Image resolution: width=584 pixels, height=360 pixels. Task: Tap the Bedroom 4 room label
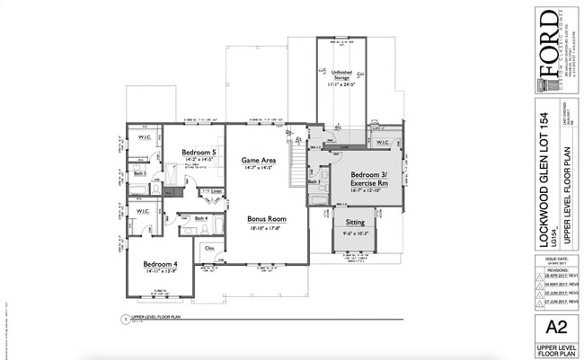point(160,264)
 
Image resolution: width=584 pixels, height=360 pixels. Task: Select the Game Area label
point(258,160)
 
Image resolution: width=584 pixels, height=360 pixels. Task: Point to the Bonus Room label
point(266,219)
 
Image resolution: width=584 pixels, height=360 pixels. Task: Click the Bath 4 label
point(199,218)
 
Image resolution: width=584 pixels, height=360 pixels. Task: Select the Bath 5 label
point(137,170)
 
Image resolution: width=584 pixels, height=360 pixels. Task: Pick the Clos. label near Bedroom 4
point(210,247)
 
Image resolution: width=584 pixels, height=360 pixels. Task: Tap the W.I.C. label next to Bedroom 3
point(382,142)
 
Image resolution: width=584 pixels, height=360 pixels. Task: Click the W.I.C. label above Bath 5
point(143,137)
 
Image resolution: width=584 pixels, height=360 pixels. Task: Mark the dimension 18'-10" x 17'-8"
point(266,228)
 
